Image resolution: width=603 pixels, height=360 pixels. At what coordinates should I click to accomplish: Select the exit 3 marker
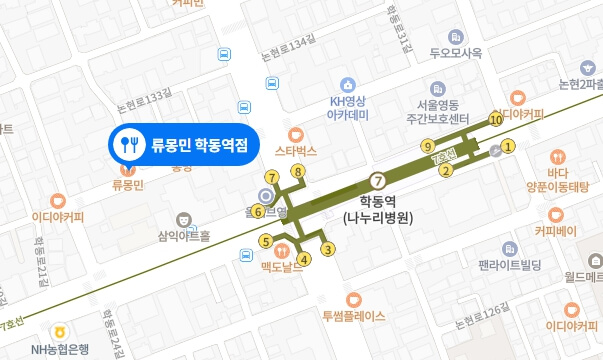pos(326,249)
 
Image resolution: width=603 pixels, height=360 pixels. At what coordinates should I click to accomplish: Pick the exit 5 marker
pos(265,240)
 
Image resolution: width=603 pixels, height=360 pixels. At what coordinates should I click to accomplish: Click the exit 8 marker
pos(297,172)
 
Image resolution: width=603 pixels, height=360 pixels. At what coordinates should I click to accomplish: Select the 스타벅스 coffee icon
pos(295,134)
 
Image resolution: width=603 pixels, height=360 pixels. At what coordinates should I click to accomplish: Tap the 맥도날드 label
pos(281,267)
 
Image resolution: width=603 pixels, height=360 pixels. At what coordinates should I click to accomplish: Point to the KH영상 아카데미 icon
pos(348,85)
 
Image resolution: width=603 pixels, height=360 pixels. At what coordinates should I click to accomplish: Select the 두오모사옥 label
pos(457,53)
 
